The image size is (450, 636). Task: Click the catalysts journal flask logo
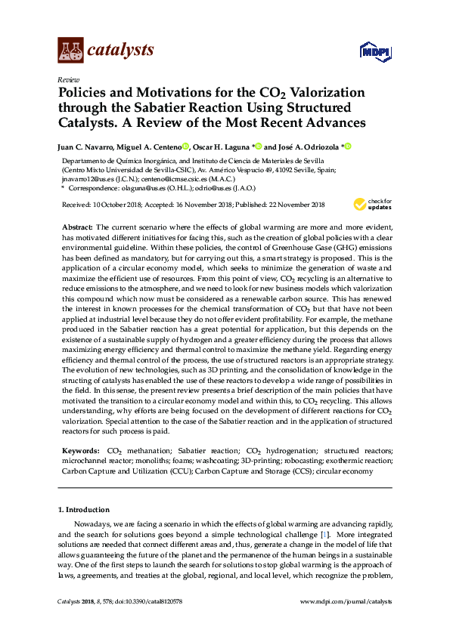(71, 50)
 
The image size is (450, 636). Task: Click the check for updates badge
(373, 204)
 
